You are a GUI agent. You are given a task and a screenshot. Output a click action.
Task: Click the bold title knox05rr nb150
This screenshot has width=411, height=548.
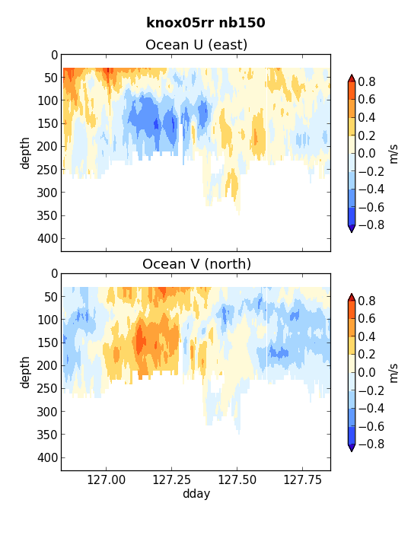click(x=205, y=23)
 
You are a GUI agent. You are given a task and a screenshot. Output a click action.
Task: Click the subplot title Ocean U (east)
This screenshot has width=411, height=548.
click(x=196, y=45)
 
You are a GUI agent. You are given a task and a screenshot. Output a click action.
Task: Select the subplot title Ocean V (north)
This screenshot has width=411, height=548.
click(x=196, y=264)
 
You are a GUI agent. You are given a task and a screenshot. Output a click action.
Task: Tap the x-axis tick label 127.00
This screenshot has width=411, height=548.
click(x=107, y=479)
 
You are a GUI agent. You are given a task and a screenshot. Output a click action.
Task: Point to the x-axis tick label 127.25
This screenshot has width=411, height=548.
click(x=171, y=479)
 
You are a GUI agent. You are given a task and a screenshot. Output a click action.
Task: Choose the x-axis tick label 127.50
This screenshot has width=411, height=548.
click(x=237, y=479)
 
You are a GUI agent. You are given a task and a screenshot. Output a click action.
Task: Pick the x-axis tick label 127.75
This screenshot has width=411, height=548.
click(x=302, y=479)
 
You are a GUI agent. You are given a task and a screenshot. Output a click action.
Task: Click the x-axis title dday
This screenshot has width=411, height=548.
click(x=196, y=493)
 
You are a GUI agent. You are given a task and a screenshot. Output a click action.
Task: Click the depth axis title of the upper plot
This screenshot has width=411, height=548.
click(x=25, y=153)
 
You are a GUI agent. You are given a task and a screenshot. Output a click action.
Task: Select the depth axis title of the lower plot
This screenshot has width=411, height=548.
click(x=25, y=372)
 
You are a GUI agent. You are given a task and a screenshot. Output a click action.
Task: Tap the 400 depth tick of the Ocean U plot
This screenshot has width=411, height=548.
click(x=47, y=238)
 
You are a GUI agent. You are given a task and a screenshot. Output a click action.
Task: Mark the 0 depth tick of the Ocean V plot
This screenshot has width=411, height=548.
click(x=54, y=274)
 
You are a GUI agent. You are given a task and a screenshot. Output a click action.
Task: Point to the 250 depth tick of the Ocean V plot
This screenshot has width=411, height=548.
click(x=47, y=388)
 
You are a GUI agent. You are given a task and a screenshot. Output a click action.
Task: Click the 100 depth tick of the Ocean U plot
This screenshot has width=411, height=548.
click(x=47, y=100)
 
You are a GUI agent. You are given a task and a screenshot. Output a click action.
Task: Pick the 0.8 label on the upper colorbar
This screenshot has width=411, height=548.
click(x=367, y=81)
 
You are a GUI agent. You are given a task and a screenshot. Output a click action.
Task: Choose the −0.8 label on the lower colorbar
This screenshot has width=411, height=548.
click(x=371, y=444)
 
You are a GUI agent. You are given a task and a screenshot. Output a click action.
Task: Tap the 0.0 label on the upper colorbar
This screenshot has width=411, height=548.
click(x=367, y=153)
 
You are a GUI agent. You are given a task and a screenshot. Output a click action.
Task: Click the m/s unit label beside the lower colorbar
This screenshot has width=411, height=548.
click(x=393, y=373)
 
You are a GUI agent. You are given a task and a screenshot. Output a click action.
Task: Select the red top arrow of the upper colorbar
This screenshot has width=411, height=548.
click(x=352, y=78)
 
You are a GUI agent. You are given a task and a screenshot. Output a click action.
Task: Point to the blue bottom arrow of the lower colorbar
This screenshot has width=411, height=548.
click(x=352, y=448)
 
